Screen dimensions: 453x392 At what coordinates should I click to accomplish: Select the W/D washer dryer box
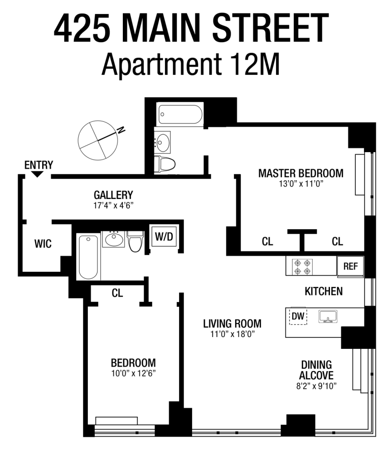[x=164, y=236]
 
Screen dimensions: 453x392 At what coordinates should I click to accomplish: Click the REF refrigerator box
[x=350, y=266]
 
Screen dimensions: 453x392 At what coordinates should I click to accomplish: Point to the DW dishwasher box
[x=298, y=316]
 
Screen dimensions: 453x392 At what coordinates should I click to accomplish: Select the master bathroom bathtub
[x=180, y=115]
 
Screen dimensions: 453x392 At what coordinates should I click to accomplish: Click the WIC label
[x=43, y=244]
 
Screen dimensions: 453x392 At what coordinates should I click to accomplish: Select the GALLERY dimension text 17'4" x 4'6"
[x=113, y=205]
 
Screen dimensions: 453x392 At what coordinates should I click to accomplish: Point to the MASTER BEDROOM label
[x=300, y=173]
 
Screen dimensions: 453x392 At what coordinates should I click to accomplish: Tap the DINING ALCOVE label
[x=317, y=370]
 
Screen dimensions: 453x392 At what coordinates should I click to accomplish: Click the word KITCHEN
[x=323, y=291]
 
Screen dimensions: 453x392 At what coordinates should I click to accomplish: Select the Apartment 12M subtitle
[x=190, y=65]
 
